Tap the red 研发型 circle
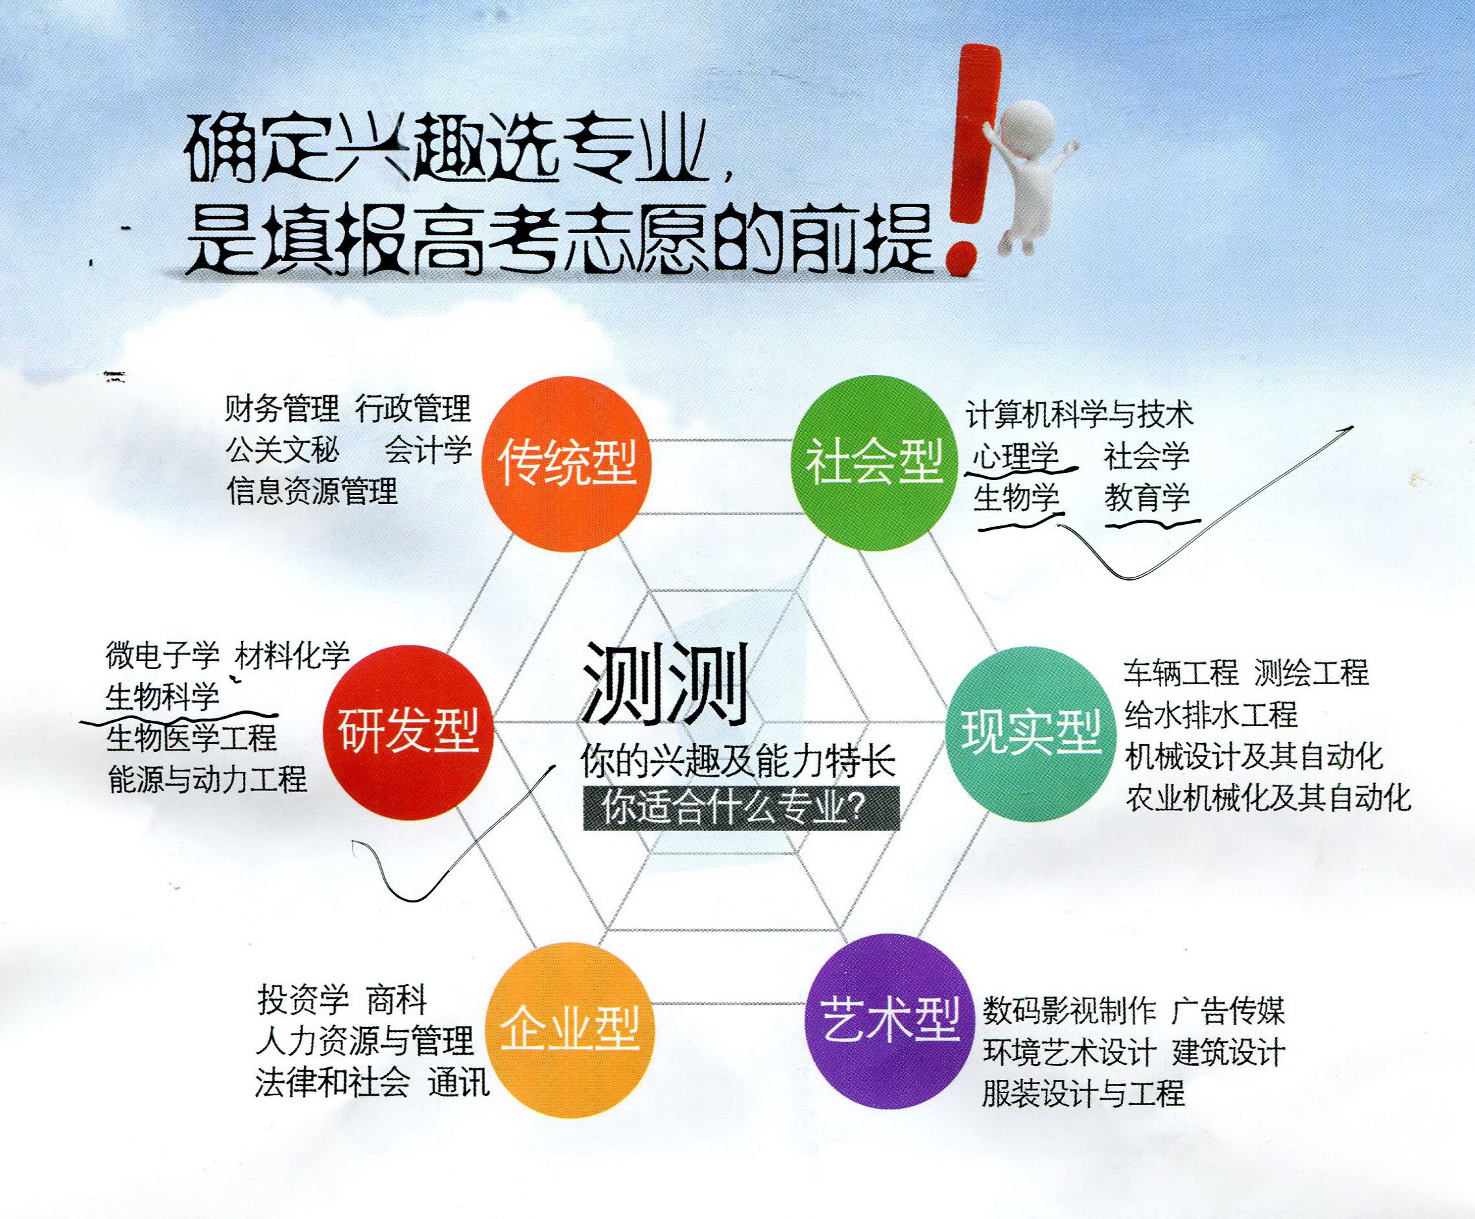click(408, 732)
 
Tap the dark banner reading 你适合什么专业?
click(740, 809)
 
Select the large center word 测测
click(665, 684)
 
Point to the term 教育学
click(1148, 498)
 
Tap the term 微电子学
click(163, 655)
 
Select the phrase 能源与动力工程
click(207, 778)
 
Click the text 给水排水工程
click(1211, 714)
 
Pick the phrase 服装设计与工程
click(1083, 1093)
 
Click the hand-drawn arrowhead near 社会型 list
click(1345, 429)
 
